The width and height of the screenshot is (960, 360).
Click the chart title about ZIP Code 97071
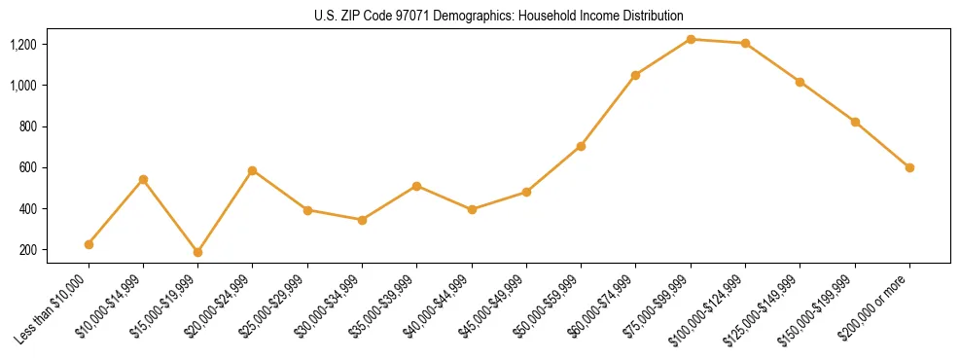(499, 16)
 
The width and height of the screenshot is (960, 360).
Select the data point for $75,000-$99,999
(691, 39)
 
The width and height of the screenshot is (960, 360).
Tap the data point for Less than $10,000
(89, 244)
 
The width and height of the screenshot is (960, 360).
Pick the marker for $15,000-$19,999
(197, 252)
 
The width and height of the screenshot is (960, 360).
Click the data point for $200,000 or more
(909, 167)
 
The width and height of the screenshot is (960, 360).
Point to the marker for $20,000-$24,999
(252, 170)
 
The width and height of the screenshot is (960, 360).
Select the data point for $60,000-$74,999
(635, 75)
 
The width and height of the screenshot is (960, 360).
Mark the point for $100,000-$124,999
(745, 43)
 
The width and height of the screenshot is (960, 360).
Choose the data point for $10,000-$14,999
(143, 179)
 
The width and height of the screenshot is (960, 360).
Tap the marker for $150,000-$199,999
(855, 122)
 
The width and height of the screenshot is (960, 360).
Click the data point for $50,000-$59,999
(581, 146)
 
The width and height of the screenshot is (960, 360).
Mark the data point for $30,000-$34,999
(362, 220)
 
